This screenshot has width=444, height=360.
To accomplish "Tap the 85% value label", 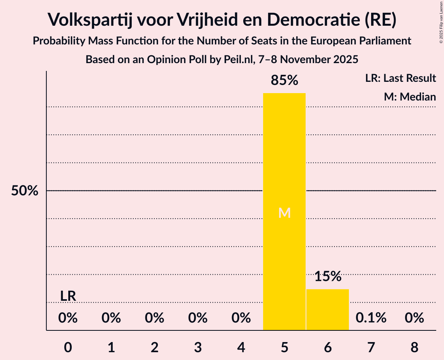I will pyautogui.click(x=285, y=81).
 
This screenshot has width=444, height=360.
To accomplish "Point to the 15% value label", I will pyautogui.click(x=328, y=277).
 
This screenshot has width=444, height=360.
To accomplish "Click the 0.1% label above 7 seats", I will pyautogui.click(x=371, y=318).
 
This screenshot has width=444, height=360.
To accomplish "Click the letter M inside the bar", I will pyautogui.click(x=285, y=213).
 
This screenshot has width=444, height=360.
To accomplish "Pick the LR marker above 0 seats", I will pyautogui.click(x=68, y=296).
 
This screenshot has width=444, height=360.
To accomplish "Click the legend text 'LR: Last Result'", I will pyautogui.click(x=400, y=78).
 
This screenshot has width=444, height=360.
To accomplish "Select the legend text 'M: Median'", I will pyautogui.click(x=410, y=97).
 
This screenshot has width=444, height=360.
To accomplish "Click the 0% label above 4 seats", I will pyautogui.click(x=241, y=318).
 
